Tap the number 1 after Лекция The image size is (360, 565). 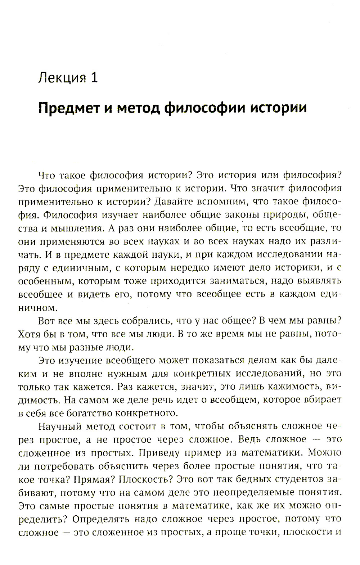[x=94, y=78]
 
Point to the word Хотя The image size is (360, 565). [x=30, y=334]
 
